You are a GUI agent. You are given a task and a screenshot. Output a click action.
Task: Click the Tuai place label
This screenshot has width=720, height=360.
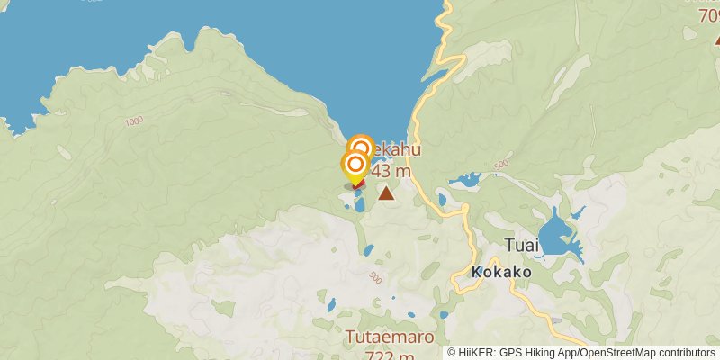point(522,246)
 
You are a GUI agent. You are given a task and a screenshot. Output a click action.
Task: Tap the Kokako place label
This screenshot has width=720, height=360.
point(501,272)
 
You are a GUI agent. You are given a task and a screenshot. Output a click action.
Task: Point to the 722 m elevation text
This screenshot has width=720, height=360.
point(380,355)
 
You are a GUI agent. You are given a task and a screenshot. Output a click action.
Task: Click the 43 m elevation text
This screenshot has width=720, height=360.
point(392,171)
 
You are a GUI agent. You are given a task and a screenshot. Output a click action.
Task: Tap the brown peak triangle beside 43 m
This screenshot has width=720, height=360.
point(386,193)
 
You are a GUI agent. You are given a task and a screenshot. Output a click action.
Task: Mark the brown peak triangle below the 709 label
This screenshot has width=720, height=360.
point(716,39)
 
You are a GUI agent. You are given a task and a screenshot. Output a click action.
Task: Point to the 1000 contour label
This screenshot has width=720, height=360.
point(135,121)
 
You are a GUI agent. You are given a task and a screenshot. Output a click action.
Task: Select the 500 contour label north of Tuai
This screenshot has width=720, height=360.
point(501,164)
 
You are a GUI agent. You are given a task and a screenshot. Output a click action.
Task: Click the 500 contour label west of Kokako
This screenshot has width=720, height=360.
point(375,279)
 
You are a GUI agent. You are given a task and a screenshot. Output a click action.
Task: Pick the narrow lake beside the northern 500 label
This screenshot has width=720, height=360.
point(466,180)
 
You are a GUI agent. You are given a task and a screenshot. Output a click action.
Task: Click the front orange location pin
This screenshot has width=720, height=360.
point(355,166)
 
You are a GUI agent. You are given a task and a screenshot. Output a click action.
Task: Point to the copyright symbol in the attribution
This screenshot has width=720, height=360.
point(452,353)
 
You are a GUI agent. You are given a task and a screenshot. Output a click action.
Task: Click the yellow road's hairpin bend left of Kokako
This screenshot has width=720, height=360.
point(457,285)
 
